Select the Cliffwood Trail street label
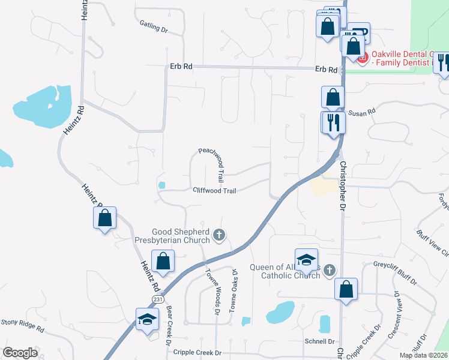coord(214,191)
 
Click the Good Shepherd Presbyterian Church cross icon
coord(219,235)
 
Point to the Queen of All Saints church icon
coord(328,271)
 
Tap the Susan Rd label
coord(362,112)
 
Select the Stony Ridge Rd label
coord(23,325)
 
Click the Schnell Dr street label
coord(319,341)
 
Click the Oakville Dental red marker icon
coord(361,58)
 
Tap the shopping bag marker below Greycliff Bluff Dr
coord(346,289)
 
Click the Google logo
coord(20,353)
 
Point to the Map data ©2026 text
coord(423,355)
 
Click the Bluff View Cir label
coord(432,242)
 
